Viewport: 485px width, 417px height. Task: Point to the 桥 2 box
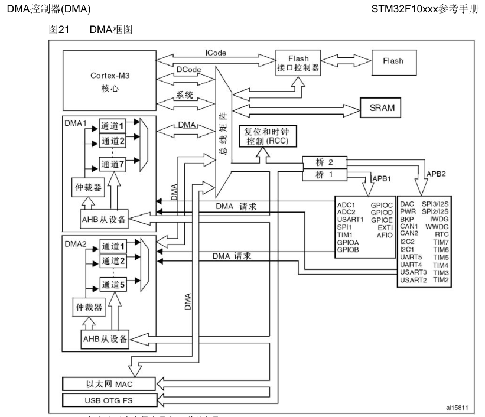click(x=323, y=161)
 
